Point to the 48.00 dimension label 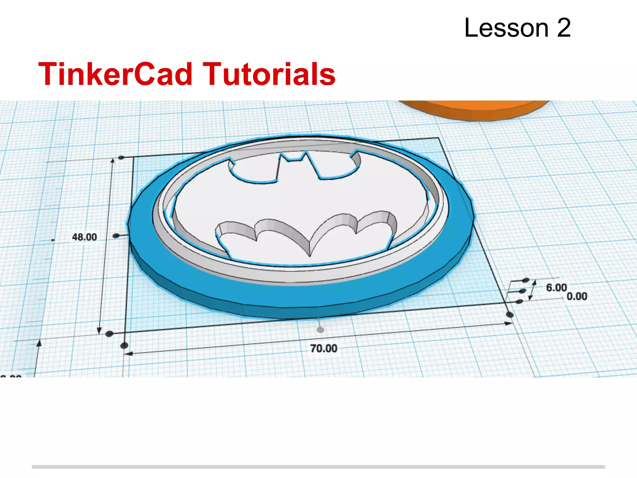84,237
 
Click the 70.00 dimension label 324,349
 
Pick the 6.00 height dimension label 556,288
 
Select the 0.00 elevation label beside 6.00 577,296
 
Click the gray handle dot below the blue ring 320,330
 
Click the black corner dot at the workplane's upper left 121,158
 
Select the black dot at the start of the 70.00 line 124,345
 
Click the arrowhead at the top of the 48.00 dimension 113,160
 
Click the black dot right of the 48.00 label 116,236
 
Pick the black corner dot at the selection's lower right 510,315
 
